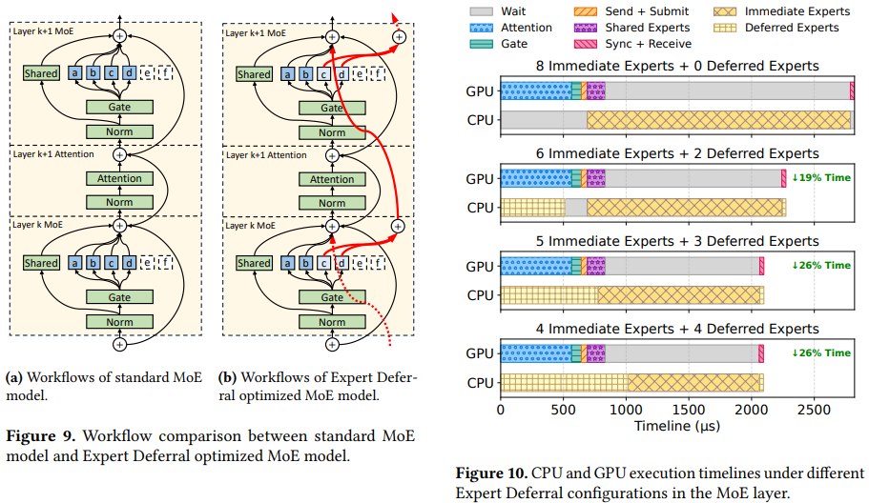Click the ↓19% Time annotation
coord(821,178)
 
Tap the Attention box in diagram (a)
coord(119,178)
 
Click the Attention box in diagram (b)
coord(332,178)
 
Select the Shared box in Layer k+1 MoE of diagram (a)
coord(41,73)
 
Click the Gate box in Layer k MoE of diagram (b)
coord(332,297)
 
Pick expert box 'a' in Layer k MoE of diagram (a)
coord(72,263)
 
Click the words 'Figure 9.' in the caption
coord(39,436)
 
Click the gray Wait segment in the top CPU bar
coord(544,119)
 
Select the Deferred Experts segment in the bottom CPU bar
coord(563,382)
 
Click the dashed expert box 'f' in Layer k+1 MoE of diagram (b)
coord(380,73)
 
